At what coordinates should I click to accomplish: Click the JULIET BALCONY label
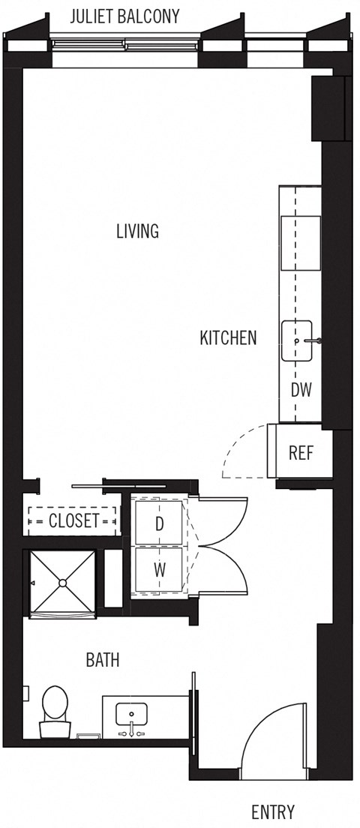click(124, 16)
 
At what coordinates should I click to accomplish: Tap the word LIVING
click(137, 231)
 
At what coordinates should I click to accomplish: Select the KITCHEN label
click(228, 338)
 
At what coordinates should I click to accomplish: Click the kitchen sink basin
click(297, 341)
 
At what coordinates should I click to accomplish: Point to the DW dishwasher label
click(301, 390)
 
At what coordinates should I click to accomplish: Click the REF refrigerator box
click(300, 453)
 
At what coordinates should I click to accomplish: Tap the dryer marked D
click(159, 523)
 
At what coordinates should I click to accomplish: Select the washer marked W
click(159, 570)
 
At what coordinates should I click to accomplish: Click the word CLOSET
click(73, 520)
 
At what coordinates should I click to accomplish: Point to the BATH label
click(103, 660)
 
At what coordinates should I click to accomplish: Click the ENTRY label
click(272, 811)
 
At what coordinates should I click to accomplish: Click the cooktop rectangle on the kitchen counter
click(300, 243)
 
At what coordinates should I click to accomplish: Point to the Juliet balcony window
click(124, 46)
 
